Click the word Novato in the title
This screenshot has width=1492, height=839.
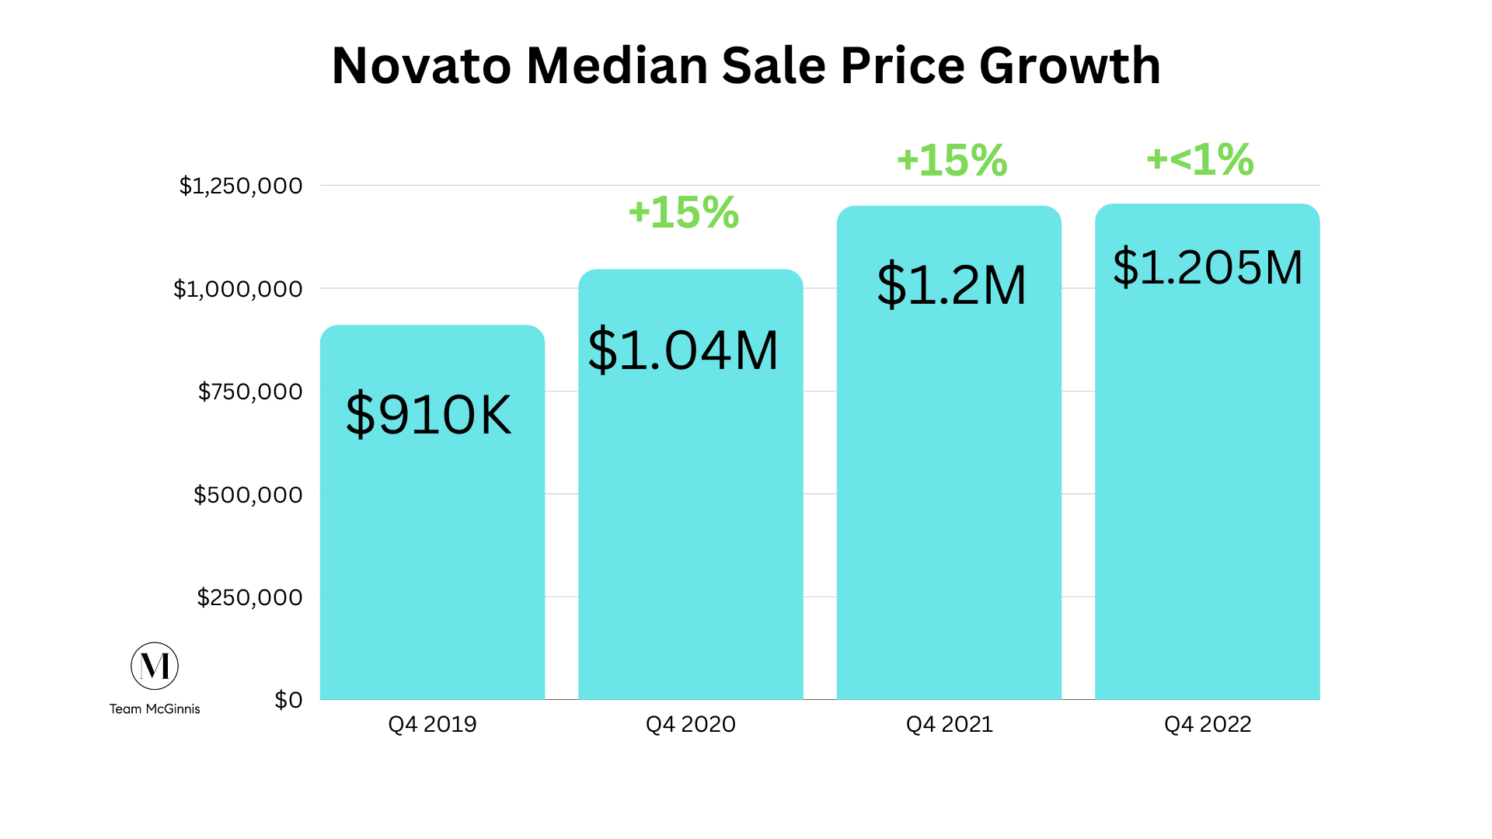(x=421, y=66)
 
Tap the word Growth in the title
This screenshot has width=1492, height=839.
(x=1070, y=68)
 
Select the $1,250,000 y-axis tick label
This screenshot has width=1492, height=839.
(x=241, y=186)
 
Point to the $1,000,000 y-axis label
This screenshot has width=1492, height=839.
(x=238, y=289)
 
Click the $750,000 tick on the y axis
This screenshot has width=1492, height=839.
(x=250, y=392)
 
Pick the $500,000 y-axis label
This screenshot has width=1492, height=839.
(x=248, y=495)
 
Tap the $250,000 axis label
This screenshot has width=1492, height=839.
(x=249, y=597)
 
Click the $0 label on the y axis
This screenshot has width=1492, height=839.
(x=288, y=700)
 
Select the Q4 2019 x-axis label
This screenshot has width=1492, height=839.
(x=432, y=724)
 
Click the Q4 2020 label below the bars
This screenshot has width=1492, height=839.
(x=690, y=724)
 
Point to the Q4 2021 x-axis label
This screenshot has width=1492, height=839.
(x=949, y=724)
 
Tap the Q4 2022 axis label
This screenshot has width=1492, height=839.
(x=1207, y=724)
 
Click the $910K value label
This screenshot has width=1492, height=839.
(x=429, y=414)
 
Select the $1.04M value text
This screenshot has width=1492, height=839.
(x=683, y=350)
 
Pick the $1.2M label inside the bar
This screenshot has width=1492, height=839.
(x=951, y=285)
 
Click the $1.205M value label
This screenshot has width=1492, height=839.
(x=1207, y=267)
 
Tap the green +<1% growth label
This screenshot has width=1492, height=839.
(x=1200, y=160)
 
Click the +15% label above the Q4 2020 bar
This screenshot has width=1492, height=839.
(x=683, y=213)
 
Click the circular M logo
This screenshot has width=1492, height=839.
(x=155, y=666)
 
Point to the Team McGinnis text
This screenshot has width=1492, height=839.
(x=155, y=708)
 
